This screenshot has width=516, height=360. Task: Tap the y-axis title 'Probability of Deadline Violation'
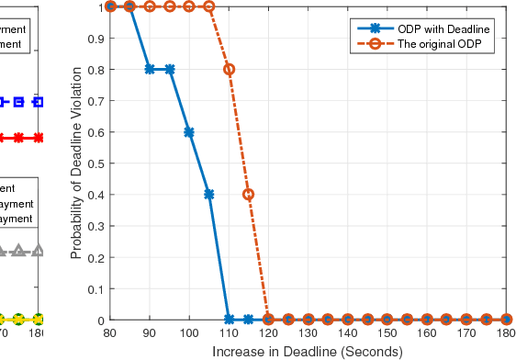coord(80,163)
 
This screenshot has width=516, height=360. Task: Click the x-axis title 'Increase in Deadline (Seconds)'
coord(308,352)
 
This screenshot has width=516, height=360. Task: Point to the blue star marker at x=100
coord(189,132)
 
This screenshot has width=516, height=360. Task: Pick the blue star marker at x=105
coord(209,195)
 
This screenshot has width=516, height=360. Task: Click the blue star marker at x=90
coord(150,70)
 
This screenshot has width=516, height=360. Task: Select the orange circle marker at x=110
coord(229,70)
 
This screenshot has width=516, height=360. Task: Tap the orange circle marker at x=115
coord(249,195)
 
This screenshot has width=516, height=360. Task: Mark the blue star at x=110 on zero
coord(229,320)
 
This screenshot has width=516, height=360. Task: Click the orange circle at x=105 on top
coord(209,6)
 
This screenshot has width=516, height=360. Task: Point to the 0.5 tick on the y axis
coord(97,163)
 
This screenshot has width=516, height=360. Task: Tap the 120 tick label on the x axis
coord(268,333)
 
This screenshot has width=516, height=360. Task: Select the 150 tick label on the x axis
coord(387,333)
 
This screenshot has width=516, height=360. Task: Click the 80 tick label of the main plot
coord(110,333)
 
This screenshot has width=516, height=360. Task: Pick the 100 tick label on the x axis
coord(189,333)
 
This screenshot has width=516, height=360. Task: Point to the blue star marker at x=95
coord(170,70)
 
